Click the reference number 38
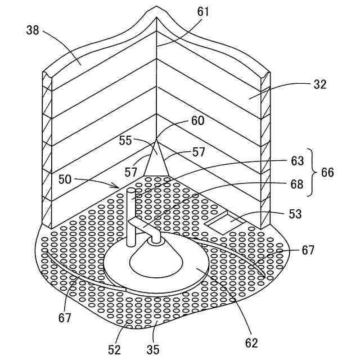tap(33, 30)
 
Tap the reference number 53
tap(295, 214)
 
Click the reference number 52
tap(115, 349)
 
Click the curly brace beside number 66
tap(313, 172)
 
